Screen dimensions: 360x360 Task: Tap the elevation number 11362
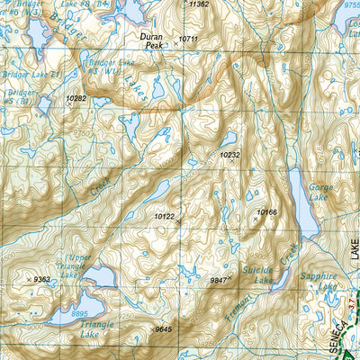coord(200,4)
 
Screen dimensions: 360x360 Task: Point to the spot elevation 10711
coord(188,39)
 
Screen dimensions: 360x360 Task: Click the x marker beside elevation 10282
coord(68,104)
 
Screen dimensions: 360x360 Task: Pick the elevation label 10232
coord(230,155)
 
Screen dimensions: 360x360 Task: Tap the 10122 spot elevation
coord(164,216)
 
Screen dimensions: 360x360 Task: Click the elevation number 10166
coord(266,212)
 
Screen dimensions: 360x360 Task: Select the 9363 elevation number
coord(41,280)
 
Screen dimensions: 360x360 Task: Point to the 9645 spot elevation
coord(163,328)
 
